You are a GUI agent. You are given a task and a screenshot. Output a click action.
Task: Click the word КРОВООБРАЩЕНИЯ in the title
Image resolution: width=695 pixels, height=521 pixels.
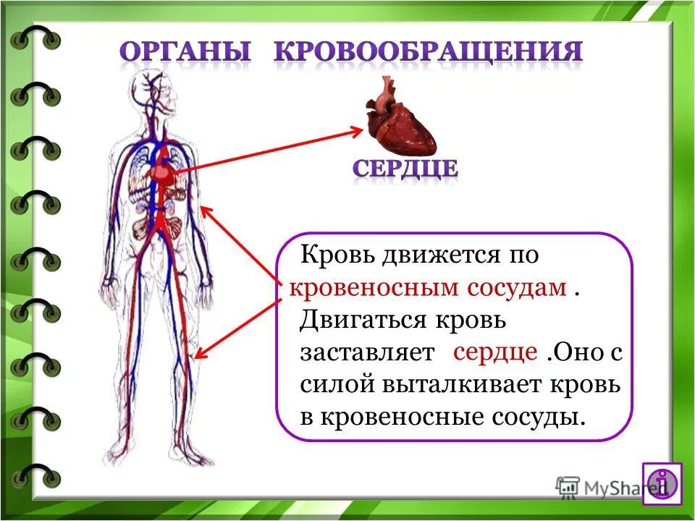429,53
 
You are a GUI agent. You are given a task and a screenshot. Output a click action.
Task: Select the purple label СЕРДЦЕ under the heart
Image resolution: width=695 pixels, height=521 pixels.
405,169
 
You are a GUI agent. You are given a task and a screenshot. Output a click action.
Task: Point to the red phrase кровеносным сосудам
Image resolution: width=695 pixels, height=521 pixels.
428,287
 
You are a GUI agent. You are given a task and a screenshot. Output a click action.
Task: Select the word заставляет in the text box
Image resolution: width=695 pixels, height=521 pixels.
368,352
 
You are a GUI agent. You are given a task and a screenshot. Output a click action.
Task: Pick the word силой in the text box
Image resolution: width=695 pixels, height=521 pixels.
334,384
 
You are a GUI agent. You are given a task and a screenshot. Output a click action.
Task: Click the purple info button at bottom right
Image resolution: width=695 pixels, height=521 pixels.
662,482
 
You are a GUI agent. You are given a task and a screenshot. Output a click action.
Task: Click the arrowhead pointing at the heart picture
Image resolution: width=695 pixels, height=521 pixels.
358,130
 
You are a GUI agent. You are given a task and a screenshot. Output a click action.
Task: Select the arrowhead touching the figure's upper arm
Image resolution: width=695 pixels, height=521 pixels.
206,211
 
